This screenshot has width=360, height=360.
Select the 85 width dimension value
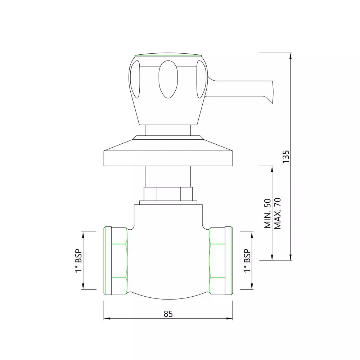(x=168, y=314)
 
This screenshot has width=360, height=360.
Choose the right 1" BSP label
(x=247, y=261)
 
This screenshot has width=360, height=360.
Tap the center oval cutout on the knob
(x=168, y=79)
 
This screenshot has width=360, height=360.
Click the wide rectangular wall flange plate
(x=168, y=159)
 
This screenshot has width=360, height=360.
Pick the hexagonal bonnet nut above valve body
(x=168, y=194)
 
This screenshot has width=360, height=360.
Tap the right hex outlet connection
(x=220, y=261)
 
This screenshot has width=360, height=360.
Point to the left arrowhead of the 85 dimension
(x=106, y=319)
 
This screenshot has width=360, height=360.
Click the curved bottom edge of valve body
(x=168, y=298)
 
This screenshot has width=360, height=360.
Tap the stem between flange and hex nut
(x=168, y=176)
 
